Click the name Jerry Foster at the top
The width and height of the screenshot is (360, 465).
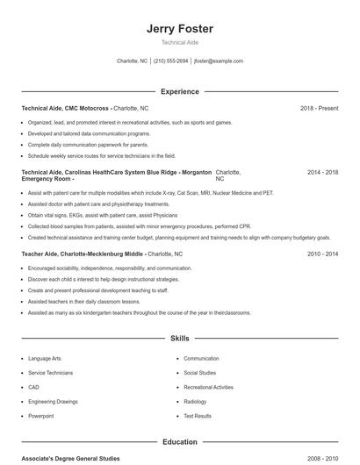(x=179, y=29)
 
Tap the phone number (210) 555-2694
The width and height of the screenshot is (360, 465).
(x=170, y=61)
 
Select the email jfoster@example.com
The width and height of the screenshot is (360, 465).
(x=219, y=61)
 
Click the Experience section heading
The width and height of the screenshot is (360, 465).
(x=179, y=91)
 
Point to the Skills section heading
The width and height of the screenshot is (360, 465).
(x=179, y=338)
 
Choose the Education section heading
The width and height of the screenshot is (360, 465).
(x=179, y=442)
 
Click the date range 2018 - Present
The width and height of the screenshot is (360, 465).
(x=319, y=108)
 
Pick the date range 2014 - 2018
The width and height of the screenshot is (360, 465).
(x=322, y=172)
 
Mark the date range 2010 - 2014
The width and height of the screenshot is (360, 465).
(x=322, y=254)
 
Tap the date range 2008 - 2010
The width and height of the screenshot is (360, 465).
(x=322, y=459)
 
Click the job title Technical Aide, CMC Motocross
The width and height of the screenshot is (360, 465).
(x=66, y=108)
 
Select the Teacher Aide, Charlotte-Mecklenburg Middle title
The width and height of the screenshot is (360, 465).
(x=83, y=254)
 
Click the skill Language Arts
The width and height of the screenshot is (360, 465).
(x=44, y=359)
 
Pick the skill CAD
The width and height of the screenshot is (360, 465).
(x=33, y=387)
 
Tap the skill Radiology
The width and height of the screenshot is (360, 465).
(x=195, y=401)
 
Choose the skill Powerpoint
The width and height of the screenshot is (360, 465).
(x=40, y=416)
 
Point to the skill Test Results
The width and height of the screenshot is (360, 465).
(x=197, y=416)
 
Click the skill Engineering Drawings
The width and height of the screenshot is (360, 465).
(x=52, y=401)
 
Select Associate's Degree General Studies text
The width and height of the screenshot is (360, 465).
(x=70, y=459)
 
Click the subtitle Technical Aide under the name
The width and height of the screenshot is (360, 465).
(x=179, y=42)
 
